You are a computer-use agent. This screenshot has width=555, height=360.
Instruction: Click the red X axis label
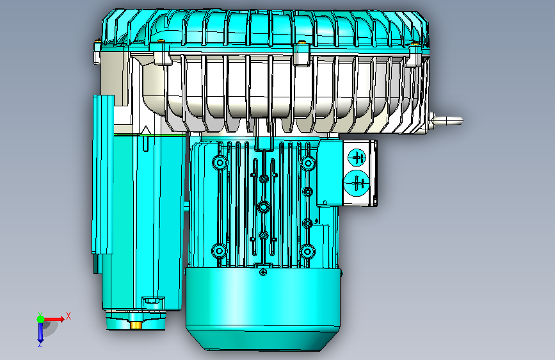click(x=68, y=316)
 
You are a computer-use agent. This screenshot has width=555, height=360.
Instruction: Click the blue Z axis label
click(x=40, y=344)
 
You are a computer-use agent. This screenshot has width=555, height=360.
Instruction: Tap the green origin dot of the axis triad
click(x=41, y=319)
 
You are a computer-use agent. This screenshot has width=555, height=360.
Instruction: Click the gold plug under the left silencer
click(x=136, y=325)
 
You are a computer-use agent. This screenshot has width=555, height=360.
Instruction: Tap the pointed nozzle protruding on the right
click(x=447, y=120)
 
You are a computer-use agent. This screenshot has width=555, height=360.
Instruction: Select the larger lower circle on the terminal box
click(x=356, y=183)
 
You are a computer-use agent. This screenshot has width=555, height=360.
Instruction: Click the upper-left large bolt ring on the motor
click(x=220, y=163)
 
